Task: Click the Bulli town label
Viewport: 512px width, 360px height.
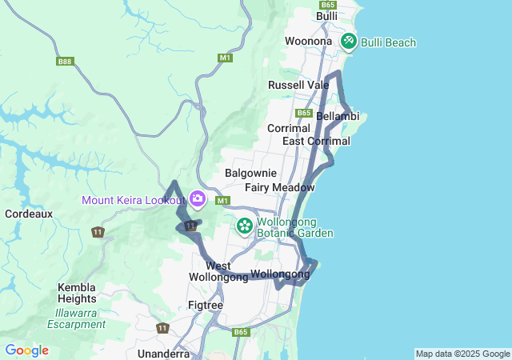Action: [327, 16]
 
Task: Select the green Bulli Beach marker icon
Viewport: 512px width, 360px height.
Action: [349, 41]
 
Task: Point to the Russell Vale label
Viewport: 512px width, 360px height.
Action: [298, 85]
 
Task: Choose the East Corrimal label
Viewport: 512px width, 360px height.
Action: [317, 142]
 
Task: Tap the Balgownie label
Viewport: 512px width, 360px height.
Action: [251, 173]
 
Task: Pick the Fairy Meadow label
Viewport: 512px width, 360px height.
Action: [280, 187]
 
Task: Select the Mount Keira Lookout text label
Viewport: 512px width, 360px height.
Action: [134, 200]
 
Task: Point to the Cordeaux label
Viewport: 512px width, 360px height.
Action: [29, 214]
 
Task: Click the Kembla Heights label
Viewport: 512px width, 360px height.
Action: [77, 293]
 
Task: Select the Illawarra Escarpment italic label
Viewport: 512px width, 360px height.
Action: [76, 318]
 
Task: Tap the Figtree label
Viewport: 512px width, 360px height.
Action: [205, 306]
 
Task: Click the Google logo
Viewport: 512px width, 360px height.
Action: [26, 350]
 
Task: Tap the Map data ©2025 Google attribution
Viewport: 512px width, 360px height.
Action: [462, 354]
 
